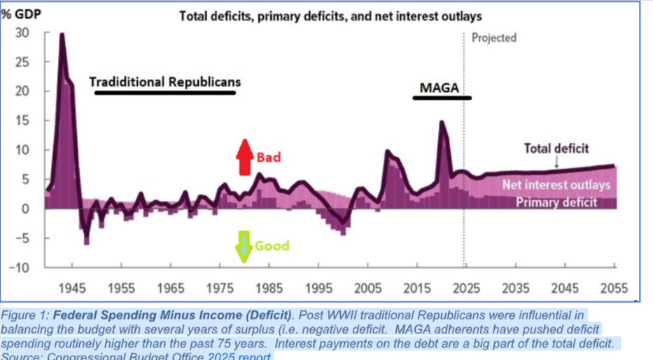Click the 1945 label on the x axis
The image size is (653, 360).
pyautogui.click(x=72, y=288)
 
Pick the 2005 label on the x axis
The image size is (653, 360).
pyautogui.click(x=366, y=288)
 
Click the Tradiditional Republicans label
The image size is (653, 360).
pyautogui.click(x=164, y=82)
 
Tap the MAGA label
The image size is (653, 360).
pyautogui.click(x=439, y=88)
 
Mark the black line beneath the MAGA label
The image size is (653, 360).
pyautogui.click(x=442, y=97)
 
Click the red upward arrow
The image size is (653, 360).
pyautogui.click(x=244, y=157)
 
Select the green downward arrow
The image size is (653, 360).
pyautogui.click(x=244, y=246)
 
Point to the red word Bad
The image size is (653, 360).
pyautogui.click(x=268, y=158)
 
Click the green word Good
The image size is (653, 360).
pyautogui.click(x=272, y=246)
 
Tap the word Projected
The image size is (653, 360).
pyautogui.click(x=494, y=38)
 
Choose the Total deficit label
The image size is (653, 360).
pyautogui.click(x=556, y=148)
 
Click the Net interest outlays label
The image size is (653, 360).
pyautogui.click(x=556, y=186)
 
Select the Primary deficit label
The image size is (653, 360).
pyautogui.click(x=556, y=202)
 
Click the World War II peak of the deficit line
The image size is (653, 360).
pyautogui.click(x=62, y=34)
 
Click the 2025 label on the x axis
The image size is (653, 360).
pyautogui.click(x=465, y=288)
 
